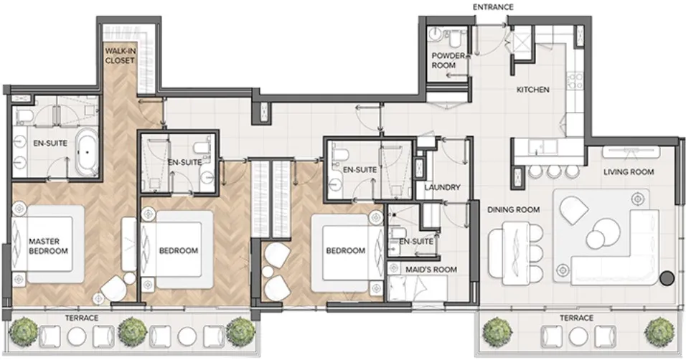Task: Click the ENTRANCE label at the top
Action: pos(493,7)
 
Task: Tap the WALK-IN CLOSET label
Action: pos(120,56)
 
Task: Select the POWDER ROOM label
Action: pos(443,60)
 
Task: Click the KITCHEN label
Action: pos(533,90)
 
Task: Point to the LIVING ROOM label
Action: pos(629,171)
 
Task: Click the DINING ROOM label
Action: pos(513,209)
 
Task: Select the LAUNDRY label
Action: pos(441,188)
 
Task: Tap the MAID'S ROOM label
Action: pos(431,270)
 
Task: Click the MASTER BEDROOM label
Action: pos(48,246)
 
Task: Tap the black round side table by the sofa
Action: pos(667,280)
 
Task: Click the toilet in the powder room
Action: pos(455,36)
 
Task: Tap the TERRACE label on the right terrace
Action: pos(576,318)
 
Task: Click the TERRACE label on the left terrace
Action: pos(80,318)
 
